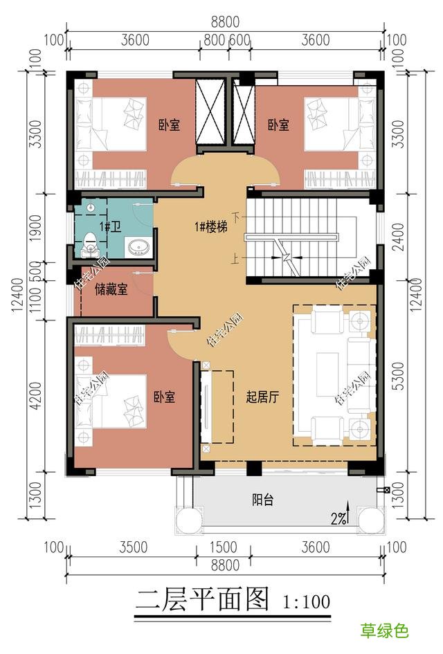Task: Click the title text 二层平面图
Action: [x=202, y=599]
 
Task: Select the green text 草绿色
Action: [x=384, y=630]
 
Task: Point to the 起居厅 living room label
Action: [x=262, y=398]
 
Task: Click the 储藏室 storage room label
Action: [x=111, y=290]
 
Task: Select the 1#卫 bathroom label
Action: [x=109, y=226]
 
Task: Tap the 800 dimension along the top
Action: [x=215, y=40]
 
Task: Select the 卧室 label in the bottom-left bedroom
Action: [x=164, y=398]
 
